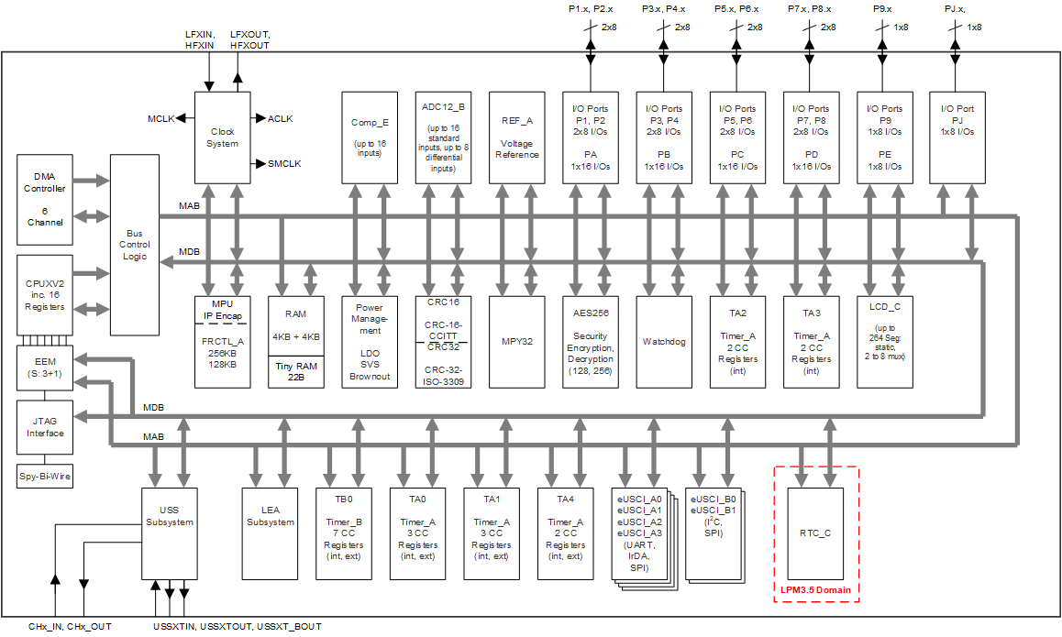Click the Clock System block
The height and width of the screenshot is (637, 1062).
click(x=223, y=137)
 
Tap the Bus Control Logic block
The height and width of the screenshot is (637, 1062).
click(x=135, y=245)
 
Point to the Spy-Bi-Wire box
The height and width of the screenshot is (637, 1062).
click(x=45, y=477)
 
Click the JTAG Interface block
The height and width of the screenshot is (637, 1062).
click(x=45, y=427)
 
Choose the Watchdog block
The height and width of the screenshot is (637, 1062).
click(x=664, y=341)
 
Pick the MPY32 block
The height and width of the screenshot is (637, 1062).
click(x=517, y=341)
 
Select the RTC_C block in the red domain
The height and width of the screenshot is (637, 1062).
click(x=815, y=533)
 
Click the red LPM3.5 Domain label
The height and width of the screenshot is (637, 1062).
click(x=815, y=588)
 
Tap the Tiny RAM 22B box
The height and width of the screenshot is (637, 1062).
click(x=296, y=374)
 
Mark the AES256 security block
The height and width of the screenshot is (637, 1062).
click(x=590, y=341)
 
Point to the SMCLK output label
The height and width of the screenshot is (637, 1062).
click(x=284, y=164)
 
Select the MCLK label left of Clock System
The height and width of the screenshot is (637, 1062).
click(x=160, y=118)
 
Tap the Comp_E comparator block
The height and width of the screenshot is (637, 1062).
click(x=370, y=137)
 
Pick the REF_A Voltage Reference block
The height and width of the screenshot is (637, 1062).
click(x=517, y=137)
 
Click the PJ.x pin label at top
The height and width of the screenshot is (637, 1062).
click(x=955, y=8)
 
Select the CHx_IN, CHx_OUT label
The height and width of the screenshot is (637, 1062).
click(x=69, y=627)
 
